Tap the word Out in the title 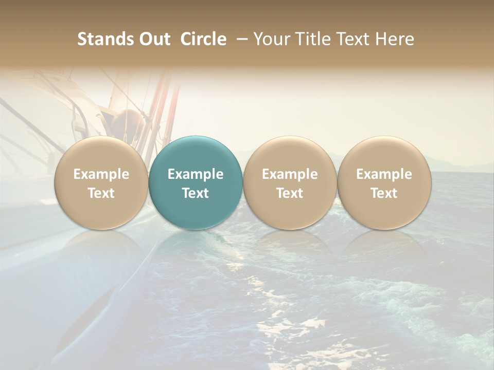tap(153, 39)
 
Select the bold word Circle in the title tap(203, 39)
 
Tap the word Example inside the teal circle tap(196, 174)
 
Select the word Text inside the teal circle tap(196, 193)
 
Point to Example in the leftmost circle tap(101, 174)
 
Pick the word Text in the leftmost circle tap(101, 193)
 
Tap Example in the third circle tap(290, 174)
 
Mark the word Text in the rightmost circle tap(384, 193)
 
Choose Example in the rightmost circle tap(384, 174)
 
